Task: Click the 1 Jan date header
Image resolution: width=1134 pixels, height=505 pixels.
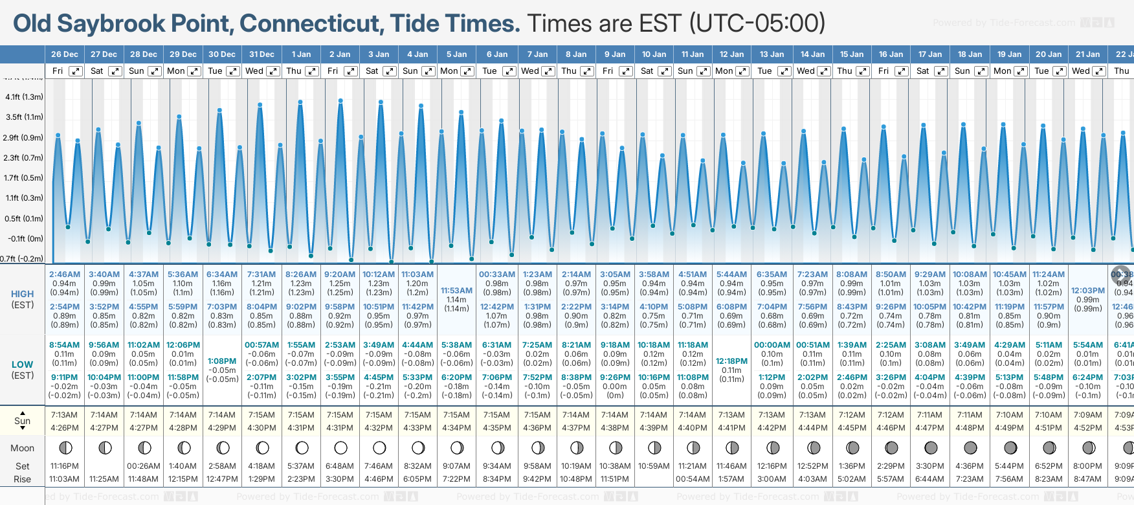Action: coord(301,54)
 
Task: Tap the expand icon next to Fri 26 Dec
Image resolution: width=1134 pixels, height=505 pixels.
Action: coord(76,71)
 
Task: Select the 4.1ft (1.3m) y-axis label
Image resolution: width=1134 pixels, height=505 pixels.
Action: coord(24,97)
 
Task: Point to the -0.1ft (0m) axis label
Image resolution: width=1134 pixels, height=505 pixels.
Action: coord(25,239)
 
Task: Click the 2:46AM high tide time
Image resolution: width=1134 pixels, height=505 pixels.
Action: coord(64,275)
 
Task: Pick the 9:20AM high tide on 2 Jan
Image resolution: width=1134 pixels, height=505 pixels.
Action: coord(340,275)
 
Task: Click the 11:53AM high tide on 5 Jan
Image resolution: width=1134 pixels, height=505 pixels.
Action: coord(456,291)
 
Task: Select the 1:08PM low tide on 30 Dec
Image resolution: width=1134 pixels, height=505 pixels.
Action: coord(222,361)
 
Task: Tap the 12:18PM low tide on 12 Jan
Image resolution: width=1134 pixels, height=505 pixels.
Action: coord(731,361)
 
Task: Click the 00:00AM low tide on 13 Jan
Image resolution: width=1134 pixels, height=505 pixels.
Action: coord(772,345)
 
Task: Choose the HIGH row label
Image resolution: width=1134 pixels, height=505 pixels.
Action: coord(23,294)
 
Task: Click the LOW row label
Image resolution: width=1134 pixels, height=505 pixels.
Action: coord(23,365)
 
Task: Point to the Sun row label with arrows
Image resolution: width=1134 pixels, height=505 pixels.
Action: coord(23,421)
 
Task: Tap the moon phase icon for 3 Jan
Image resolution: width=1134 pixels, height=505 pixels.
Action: coord(379,447)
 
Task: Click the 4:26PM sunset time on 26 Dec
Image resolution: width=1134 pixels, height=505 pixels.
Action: coord(64,428)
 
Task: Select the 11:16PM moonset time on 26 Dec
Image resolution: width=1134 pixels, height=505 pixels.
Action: coord(64,466)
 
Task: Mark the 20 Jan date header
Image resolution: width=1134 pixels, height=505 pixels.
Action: coord(1048,54)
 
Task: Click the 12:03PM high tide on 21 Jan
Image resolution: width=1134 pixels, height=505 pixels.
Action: coord(1087,291)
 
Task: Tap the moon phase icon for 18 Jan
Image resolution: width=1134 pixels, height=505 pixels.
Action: coord(970,447)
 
